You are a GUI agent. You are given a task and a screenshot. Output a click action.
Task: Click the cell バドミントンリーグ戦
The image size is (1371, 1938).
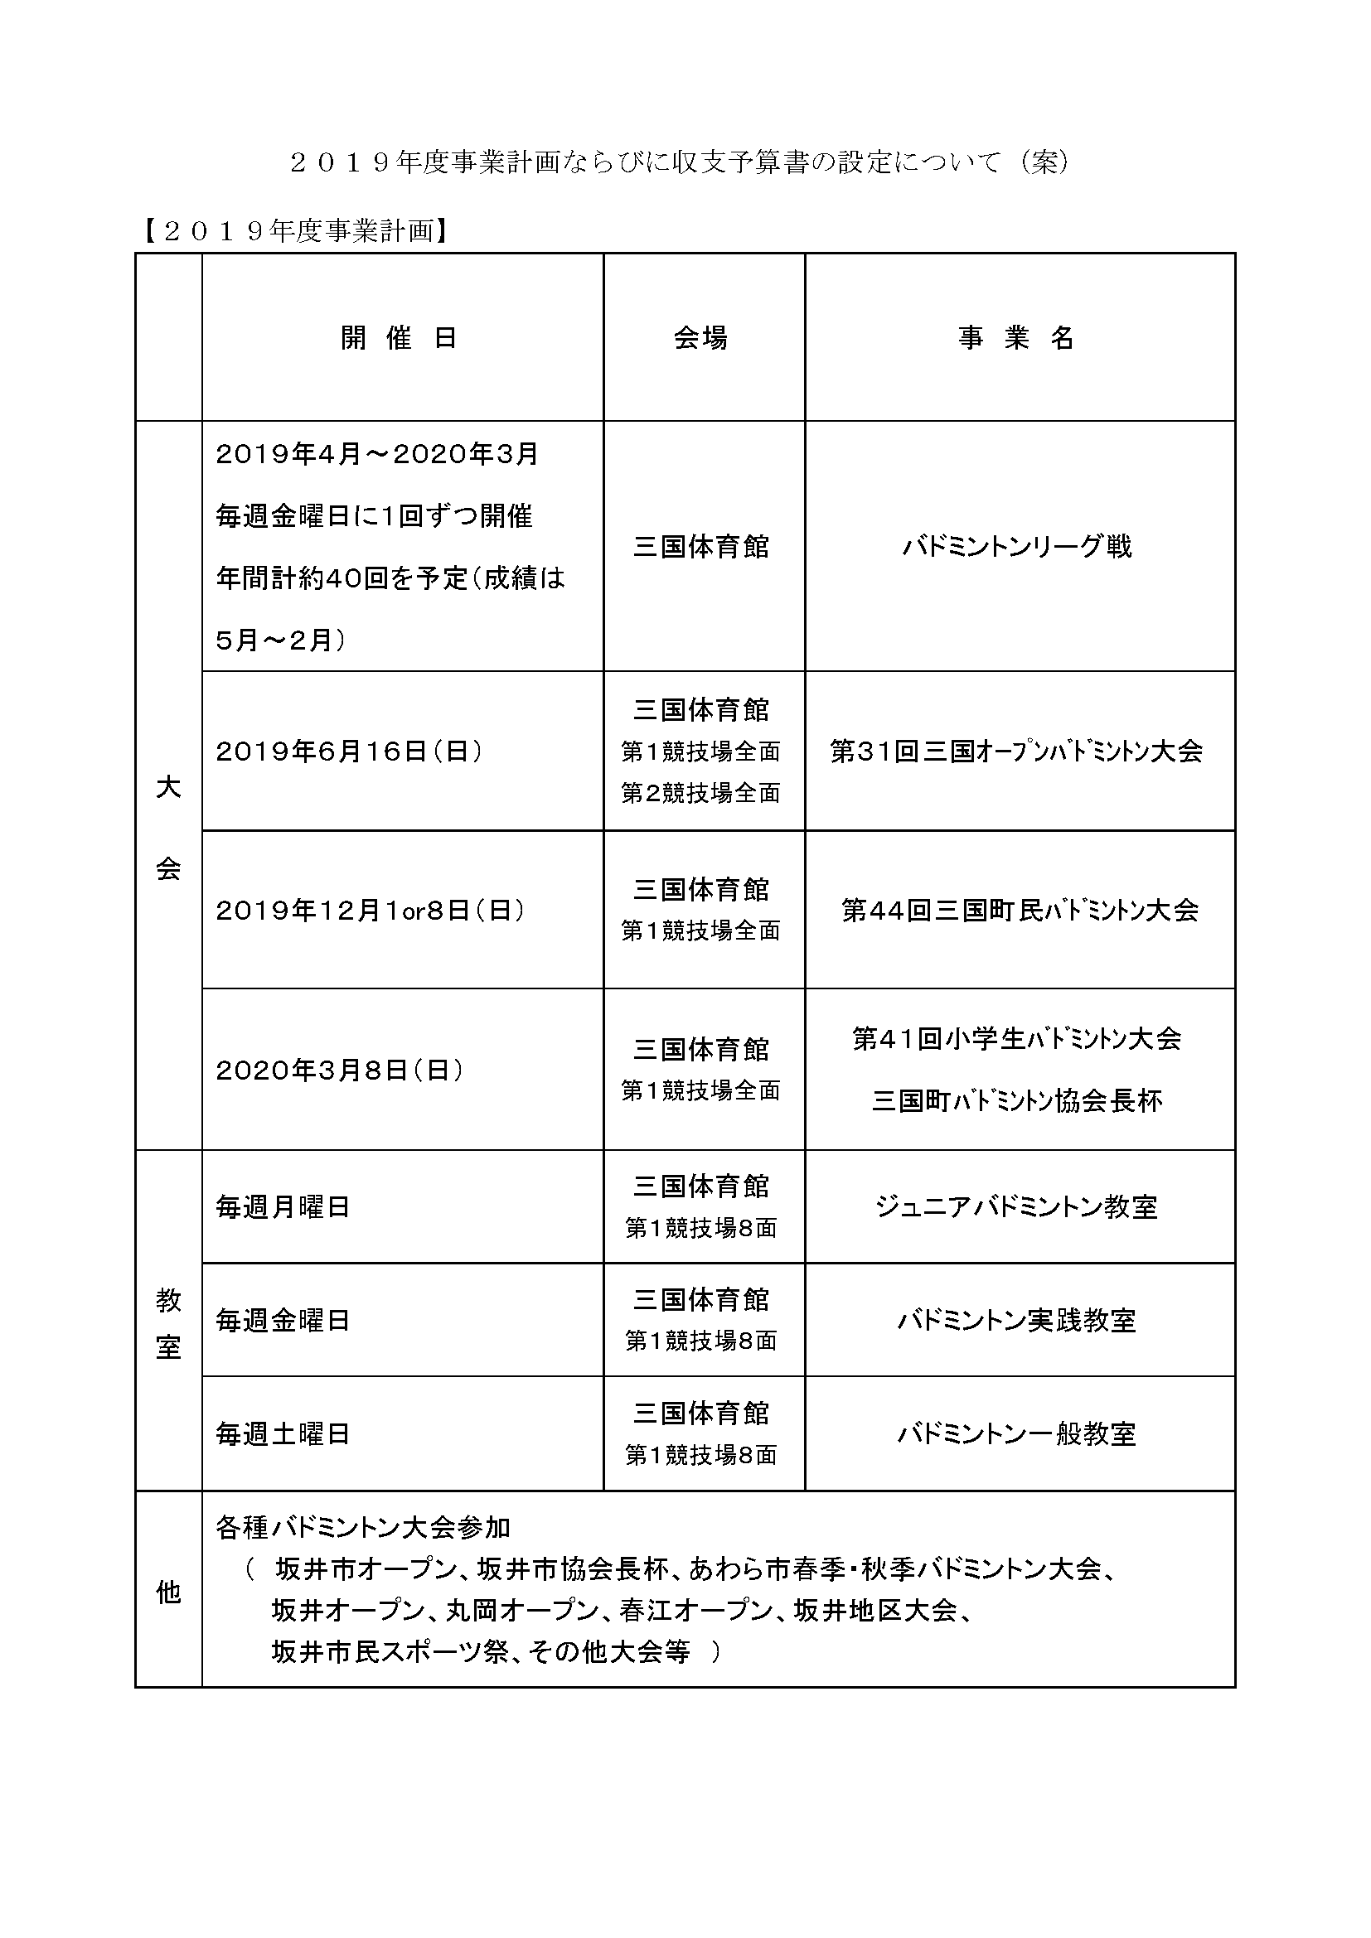pyautogui.click(x=1016, y=547)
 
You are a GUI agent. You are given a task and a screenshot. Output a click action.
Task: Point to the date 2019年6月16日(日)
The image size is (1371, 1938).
pyautogui.click(x=350, y=752)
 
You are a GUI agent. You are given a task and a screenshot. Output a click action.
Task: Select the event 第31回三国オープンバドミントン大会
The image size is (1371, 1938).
pyautogui.click(x=1016, y=752)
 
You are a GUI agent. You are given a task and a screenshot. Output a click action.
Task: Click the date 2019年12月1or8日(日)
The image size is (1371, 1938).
pyautogui.click(x=371, y=910)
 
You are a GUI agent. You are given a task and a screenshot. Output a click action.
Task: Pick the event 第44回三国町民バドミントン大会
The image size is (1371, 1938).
pyautogui.click(x=1020, y=910)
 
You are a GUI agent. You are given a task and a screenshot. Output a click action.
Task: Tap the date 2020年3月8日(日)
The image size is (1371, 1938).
pyautogui.click(x=340, y=1070)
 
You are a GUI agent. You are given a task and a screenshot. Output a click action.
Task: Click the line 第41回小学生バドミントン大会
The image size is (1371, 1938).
pyautogui.click(x=1016, y=1038)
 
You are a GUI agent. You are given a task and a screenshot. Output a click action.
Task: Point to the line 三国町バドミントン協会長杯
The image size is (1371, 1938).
pyautogui.click(x=1016, y=1101)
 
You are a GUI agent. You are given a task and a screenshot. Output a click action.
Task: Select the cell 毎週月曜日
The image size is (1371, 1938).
pyautogui.click(x=283, y=1207)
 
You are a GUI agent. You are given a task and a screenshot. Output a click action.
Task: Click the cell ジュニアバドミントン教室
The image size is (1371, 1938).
pyautogui.click(x=1016, y=1207)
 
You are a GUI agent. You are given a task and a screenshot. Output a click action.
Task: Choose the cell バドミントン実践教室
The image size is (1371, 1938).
pyautogui.click(x=1016, y=1320)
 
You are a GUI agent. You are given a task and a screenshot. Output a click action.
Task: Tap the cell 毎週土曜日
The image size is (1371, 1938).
pyautogui.click(x=283, y=1433)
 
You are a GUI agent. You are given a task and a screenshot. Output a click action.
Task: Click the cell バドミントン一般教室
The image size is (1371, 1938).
pyautogui.click(x=1016, y=1433)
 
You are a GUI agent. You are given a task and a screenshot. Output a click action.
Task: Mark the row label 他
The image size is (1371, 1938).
pyautogui.click(x=169, y=1592)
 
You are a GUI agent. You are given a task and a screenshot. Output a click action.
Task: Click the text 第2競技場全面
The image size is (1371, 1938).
pyautogui.click(x=700, y=793)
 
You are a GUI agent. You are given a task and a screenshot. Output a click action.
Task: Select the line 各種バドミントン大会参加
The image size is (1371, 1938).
pyautogui.click(x=363, y=1527)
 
